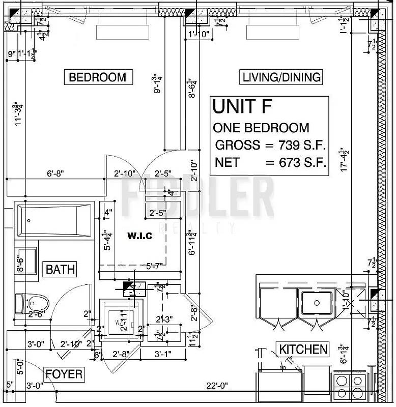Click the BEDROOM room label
[97, 77]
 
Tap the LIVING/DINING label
[281, 77]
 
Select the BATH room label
[60, 269]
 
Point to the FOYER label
[64, 374]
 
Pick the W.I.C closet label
[139, 236]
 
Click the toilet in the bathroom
[32, 303]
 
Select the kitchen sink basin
[316, 303]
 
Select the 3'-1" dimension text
[164, 354]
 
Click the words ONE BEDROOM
[261, 128]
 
